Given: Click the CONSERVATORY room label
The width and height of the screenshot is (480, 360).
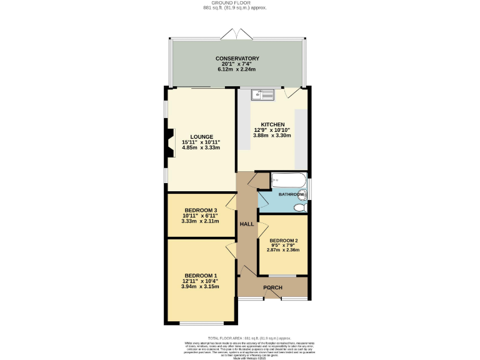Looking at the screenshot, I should point(237,59).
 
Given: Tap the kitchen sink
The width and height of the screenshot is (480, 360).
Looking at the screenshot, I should point(262,95).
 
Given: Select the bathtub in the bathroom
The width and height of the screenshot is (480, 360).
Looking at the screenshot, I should point(288,181).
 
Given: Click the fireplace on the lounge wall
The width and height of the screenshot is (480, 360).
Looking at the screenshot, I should point(169,141).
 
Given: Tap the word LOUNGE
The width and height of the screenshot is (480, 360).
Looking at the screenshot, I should point(201,137).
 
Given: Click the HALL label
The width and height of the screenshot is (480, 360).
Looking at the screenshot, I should point(247,224).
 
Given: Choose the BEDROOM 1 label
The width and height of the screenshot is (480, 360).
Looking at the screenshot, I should point(201,276).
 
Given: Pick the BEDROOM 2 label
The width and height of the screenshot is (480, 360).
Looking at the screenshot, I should point(283,241).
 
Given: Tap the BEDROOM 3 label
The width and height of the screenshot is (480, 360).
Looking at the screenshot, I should point(201,210).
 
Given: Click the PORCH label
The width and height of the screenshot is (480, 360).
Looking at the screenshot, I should point(272,287).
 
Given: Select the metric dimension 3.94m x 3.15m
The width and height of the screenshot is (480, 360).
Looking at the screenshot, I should point(201,287).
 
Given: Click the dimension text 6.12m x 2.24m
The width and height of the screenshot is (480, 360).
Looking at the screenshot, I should point(237,70).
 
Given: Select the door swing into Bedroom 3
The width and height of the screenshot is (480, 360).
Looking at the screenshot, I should point(231,201).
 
